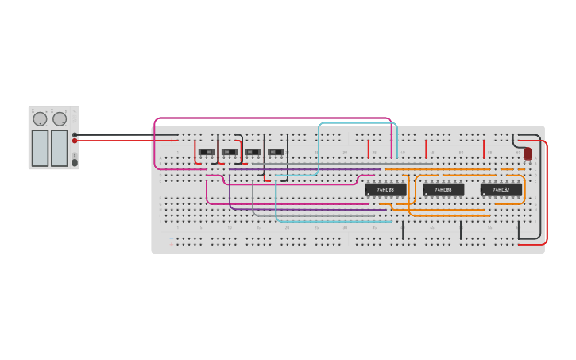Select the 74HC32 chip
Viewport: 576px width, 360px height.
[x=501, y=190]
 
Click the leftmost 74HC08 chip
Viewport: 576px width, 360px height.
[x=385, y=190]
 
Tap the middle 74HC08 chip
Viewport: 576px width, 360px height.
[x=443, y=190]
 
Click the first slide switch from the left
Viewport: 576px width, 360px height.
[x=207, y=152]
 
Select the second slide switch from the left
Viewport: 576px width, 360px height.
[x=230, y=152]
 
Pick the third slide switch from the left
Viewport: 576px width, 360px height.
[x=253, y=152]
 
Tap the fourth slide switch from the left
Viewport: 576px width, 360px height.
[x=276, y=152]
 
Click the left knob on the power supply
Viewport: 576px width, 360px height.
[x=40, y=119]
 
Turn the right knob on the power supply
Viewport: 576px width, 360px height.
[x=60, y=119]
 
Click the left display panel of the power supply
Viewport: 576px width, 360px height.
[x=40, y=148]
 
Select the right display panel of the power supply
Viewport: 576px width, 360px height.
[x=60, y=148]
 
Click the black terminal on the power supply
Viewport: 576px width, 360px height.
[x=75, y=135]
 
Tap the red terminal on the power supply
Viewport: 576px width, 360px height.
[x=75, y=141]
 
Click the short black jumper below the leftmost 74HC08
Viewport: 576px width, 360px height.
[x=403, y=230]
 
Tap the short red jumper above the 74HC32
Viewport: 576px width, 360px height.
[x=484, y=149]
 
